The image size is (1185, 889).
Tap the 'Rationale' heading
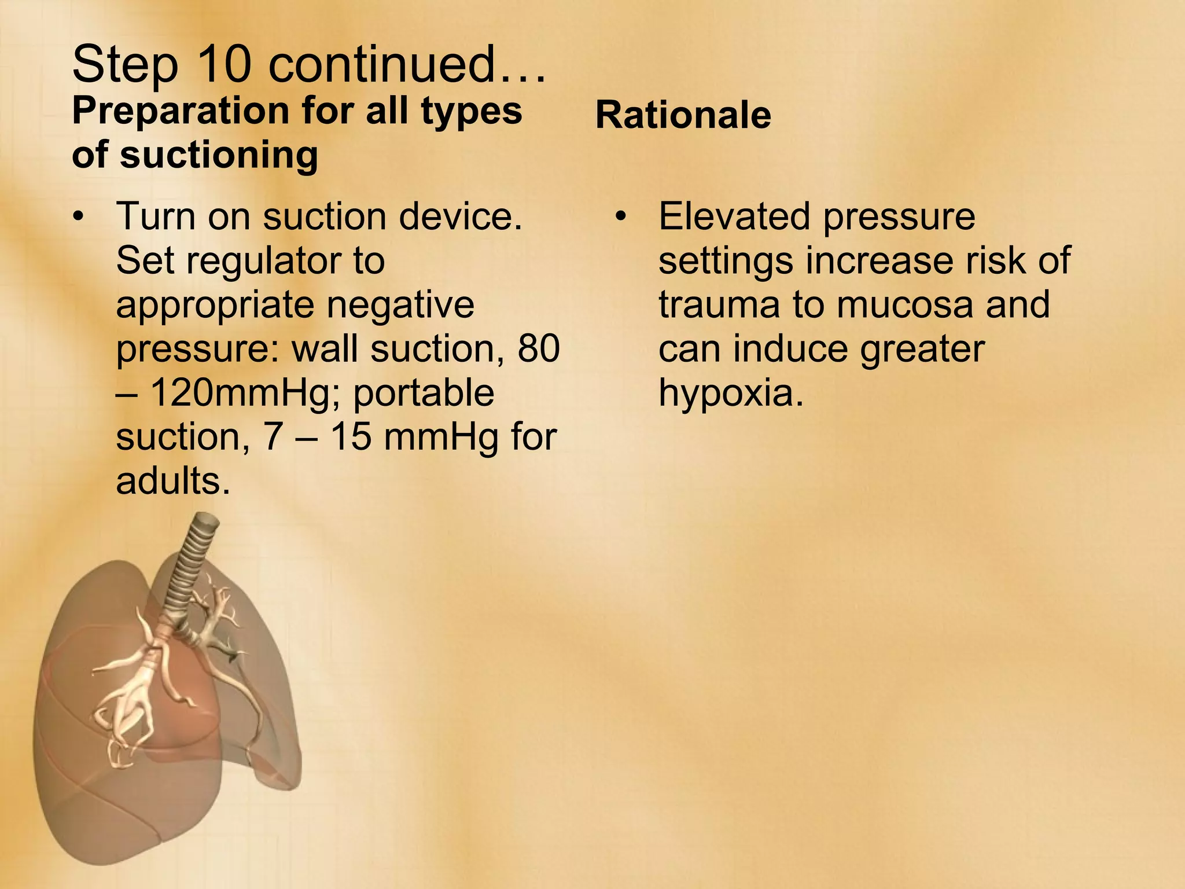coord(683,115)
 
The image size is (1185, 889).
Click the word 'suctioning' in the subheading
coord(219,155)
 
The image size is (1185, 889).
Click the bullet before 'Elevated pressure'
coord(621,218)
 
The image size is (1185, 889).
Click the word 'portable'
coord(424,393)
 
